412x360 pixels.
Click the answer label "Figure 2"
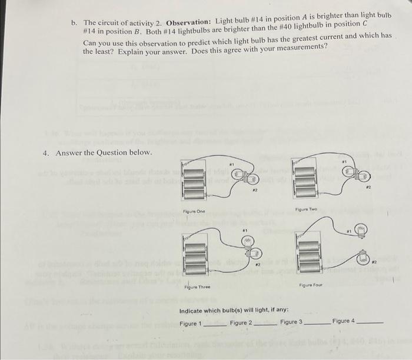coord(241,322)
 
